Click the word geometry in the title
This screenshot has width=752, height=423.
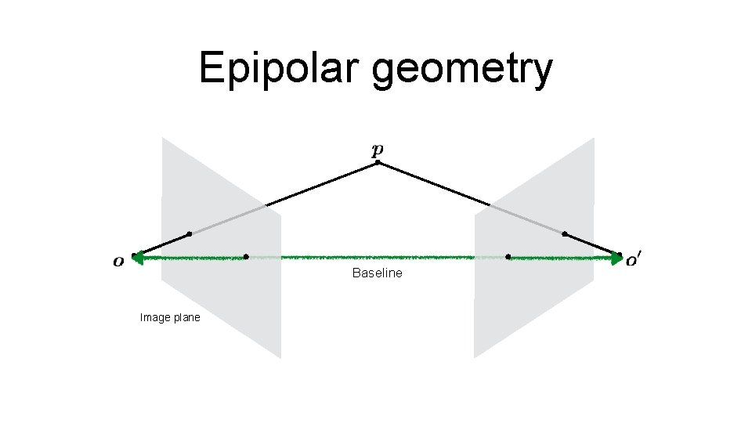click(x=462, y=70)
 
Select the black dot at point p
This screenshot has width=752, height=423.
click(x=378, y=162)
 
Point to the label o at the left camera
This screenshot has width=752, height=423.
click(x=117, y=262)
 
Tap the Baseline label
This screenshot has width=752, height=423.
click(x=377, y=273)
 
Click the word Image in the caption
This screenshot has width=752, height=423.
click(x=153, y=317)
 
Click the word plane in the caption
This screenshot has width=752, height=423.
click(x=186, y=317)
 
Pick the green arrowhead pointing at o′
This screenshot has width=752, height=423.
click(x=616, y=256)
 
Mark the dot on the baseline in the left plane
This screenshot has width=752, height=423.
click(x=246, y=256)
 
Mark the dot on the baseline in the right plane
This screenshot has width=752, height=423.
click(x=508, y=256)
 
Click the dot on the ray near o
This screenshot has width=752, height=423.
click(x=189, y=234)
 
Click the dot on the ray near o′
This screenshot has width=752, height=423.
click(x=565, y=234)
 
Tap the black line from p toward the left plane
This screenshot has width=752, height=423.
click(x=321, y=184)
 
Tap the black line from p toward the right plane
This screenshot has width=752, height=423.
click(x=435, y=184)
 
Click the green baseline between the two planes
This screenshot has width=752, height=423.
click(x=377, y=257)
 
